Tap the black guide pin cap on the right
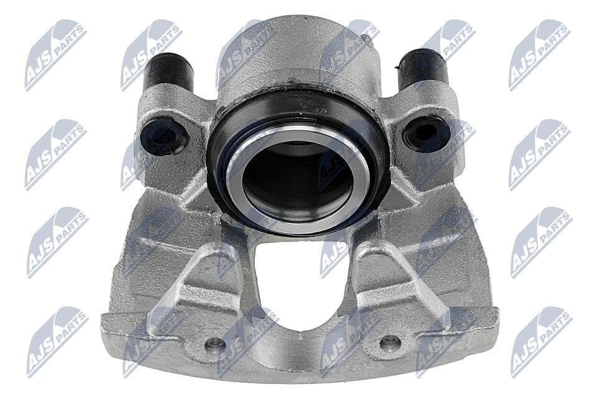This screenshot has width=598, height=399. click(423, 68)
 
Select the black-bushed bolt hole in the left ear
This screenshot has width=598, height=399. click(163, 137)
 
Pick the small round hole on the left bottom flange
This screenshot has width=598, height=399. click(216, 344)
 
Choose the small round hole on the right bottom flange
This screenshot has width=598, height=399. click(390, 342)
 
